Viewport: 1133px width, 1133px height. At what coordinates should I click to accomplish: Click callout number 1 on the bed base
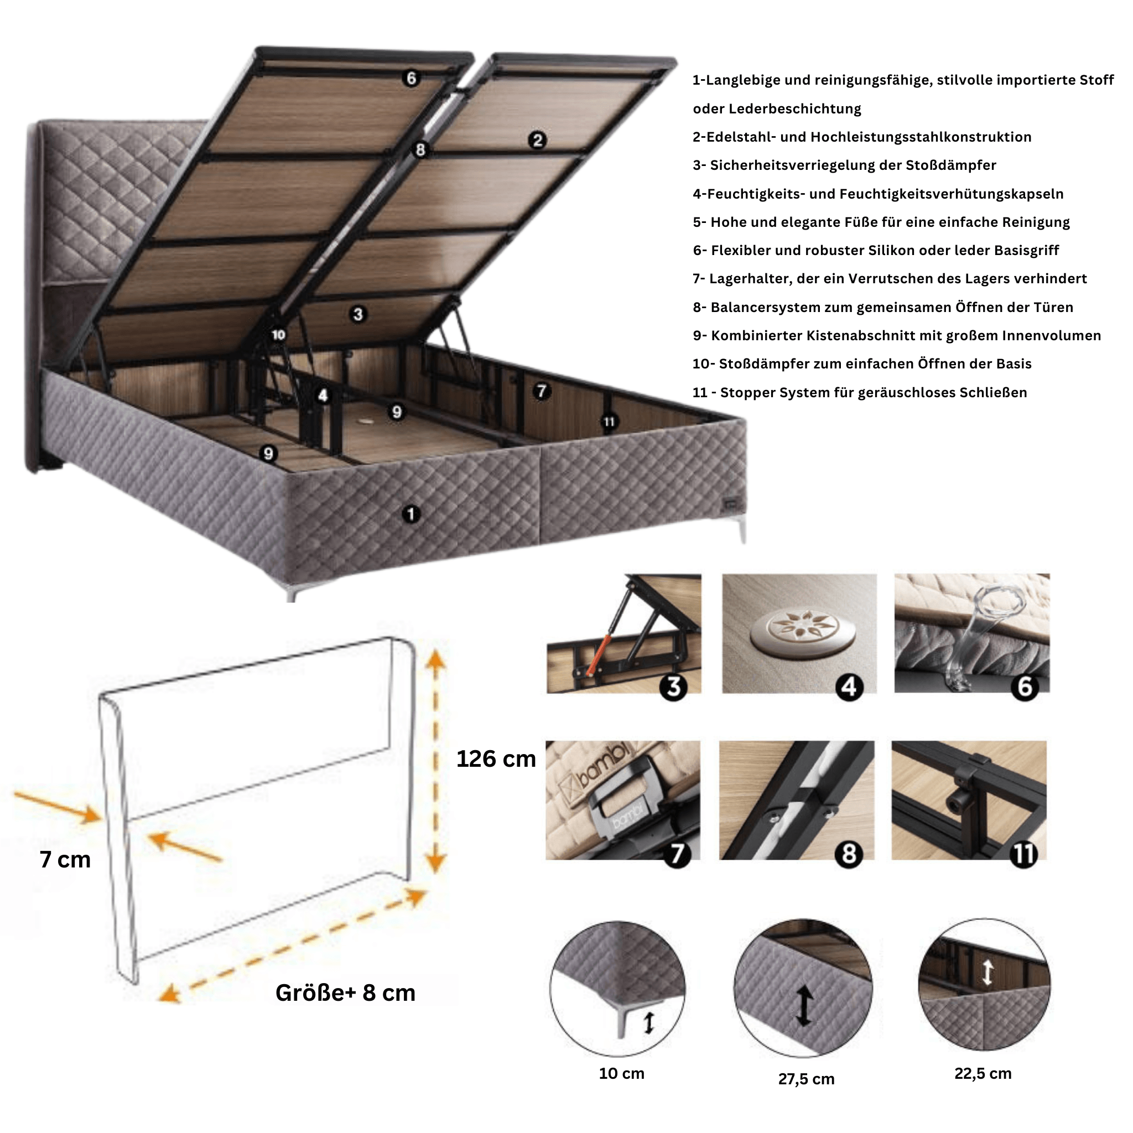[411, 514]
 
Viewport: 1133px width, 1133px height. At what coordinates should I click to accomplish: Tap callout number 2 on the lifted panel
[537, 140]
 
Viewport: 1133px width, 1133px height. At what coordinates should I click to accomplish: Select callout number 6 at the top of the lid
[411, 78]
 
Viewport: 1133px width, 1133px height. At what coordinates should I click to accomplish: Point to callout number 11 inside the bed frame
[609, 422]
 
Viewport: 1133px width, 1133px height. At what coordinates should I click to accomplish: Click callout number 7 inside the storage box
[541, 391]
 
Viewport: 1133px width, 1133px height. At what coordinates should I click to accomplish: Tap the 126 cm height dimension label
[496, 759]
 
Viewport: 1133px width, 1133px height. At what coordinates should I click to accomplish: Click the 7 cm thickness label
[65, 859]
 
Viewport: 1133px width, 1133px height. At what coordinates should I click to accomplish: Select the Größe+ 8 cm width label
[345, 993]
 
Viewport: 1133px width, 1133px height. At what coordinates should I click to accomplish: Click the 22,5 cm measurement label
[983, 1074]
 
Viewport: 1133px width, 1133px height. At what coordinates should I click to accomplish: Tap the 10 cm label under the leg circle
[622, 1074]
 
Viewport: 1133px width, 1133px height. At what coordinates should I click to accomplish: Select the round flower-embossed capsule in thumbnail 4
[803, 631]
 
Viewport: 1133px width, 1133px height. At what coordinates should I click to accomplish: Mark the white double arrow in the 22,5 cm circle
[988, 971]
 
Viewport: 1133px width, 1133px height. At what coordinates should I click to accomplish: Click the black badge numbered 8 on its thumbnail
[849, 854]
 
